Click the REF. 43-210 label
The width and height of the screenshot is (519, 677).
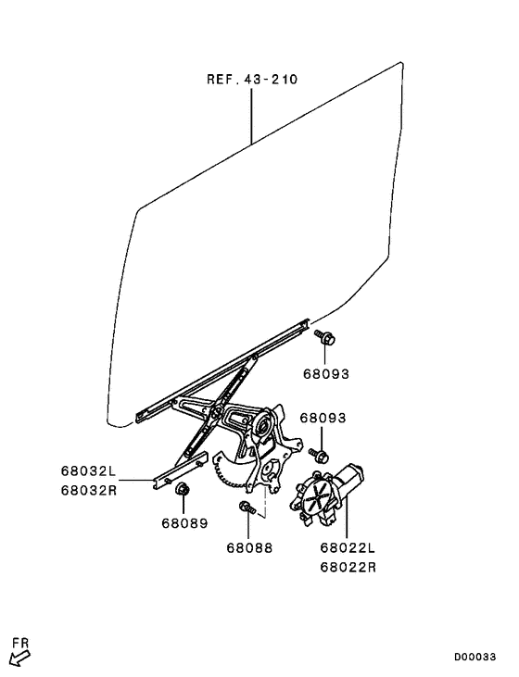(252, 80)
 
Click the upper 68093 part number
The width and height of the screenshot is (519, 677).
(326, 374)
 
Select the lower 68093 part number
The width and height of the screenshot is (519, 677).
(323, 418)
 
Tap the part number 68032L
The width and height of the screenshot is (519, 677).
(91, 470)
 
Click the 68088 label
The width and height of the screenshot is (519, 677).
(249, 547)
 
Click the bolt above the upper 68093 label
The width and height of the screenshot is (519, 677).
(325, 339)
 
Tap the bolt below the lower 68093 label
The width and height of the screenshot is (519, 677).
(320, 454)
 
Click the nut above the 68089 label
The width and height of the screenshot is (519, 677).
(183, 491)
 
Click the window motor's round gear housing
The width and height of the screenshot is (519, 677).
(315, 497)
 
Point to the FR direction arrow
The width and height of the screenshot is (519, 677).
(19, 658)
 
